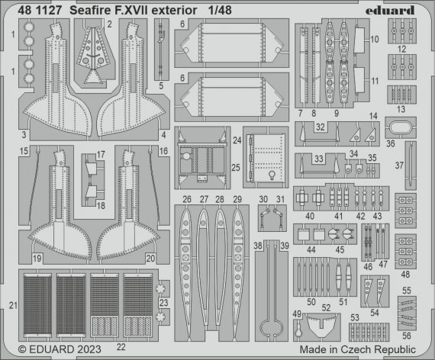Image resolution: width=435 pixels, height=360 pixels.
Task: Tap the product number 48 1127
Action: (33, 10)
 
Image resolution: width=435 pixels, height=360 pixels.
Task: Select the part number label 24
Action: (237, 140)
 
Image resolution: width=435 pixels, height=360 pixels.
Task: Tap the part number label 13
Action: (402, 108)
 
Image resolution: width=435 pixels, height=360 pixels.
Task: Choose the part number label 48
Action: (405, 275)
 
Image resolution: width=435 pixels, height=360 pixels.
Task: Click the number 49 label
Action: (297, 313)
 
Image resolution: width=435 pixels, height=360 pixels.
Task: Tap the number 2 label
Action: (109, 24)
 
